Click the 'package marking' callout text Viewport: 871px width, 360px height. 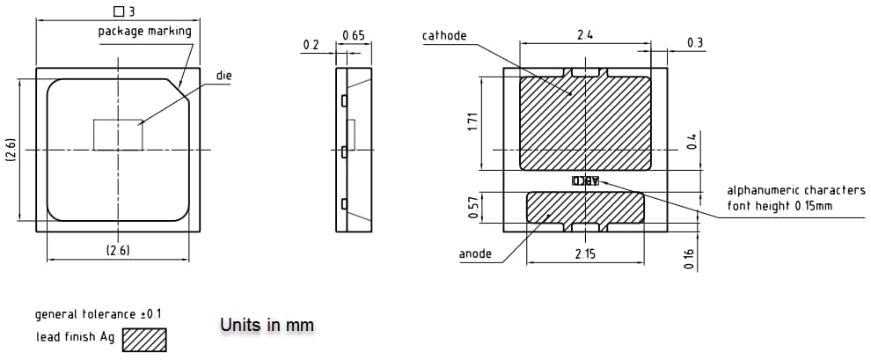[x=144, y=32]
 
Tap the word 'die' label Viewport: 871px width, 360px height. [x=224, y=77]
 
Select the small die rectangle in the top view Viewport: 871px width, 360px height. [x=118, y=135]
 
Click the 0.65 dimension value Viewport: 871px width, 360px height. [x=353, y=36]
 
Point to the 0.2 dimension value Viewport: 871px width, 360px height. [x=311, y=44]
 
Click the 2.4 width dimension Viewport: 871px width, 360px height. [x=584, y=35]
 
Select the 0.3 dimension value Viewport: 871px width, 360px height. [x=695, y=43]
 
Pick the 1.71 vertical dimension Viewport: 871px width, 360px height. [x=472, y=122]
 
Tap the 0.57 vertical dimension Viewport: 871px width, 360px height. [x=473, y=208]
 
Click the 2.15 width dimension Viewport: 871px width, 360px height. [x=584, y=254]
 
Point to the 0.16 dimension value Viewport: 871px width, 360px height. [x=689, y=259]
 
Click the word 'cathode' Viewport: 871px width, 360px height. [x=444, y=36]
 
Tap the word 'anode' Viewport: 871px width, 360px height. [x=475, y=254]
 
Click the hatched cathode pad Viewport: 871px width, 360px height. [x=585, y=123]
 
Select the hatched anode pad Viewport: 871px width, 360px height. [x=585, y=208]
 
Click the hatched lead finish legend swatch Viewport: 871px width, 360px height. [x=144, y=340]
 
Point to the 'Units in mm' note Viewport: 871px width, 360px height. [x=267, y=326]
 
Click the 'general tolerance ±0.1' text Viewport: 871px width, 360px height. [x=98, y=314]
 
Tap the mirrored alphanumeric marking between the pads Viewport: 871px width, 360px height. [x=586, y=181]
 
